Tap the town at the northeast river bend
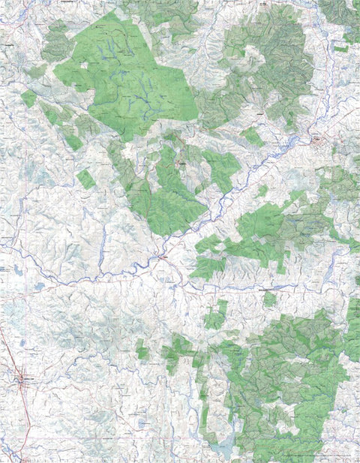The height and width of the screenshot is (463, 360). [x=318, y=140]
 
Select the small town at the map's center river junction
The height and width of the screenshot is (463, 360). [x=162, y=257]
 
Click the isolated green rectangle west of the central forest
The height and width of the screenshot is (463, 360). [x=86, y=179]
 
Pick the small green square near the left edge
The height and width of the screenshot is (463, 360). [x=28, y=98]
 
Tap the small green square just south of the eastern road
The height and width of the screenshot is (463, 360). [x=269, y=299]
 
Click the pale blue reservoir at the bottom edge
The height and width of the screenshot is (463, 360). [x=223, y=449]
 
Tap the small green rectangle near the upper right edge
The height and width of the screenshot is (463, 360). [x=341, y=48]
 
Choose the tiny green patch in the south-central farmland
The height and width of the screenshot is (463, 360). [x=142, y=350]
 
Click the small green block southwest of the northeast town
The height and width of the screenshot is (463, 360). [x=253, y=137]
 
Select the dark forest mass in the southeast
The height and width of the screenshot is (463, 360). [x=292, y=383]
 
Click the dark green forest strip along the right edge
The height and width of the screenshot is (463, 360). [x=352, y=330]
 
